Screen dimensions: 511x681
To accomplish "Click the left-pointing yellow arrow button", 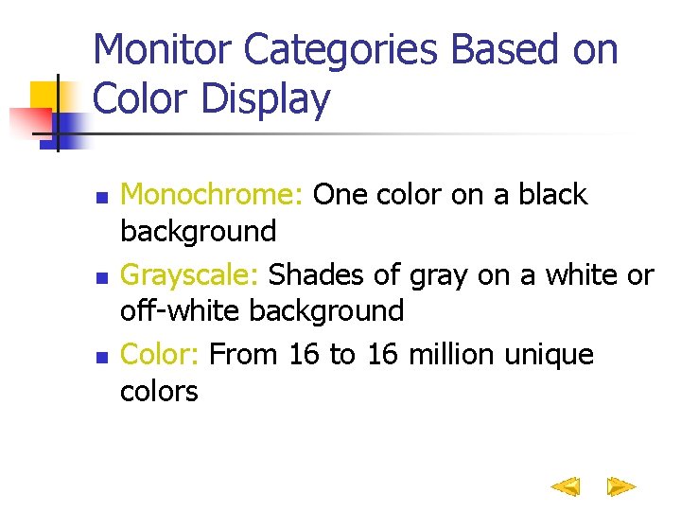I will click(x=566, y=487).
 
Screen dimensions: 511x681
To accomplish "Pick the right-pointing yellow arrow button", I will click(x=620, y=487).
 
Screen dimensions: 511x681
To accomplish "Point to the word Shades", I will click(x=313, y=275).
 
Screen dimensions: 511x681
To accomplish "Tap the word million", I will click(x=456, y=355).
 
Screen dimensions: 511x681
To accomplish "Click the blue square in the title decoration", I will click(x=68, y=124).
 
